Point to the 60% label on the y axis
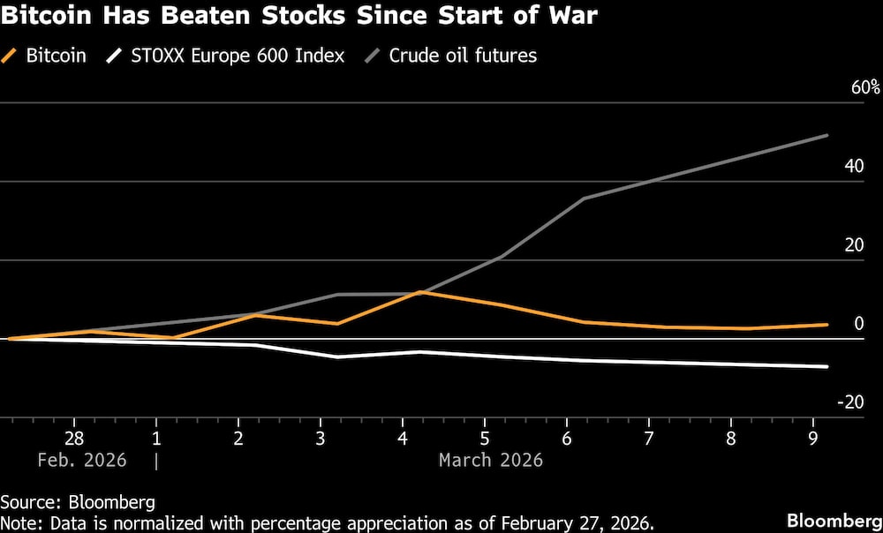coord(865,87)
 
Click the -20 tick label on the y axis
coord(850,402)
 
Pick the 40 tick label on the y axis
coord(853,166)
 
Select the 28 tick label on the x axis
coord(74,439)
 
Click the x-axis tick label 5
coord(485,439)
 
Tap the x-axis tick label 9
coord(813,439)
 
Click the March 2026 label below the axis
coord(490,461)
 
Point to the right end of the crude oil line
coord(827,135)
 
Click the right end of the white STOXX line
coord(827,366)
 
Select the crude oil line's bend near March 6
coord(585,199)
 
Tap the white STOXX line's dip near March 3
coord(338,357)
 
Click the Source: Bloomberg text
coord(78,503)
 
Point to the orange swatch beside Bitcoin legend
coord(12,56)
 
